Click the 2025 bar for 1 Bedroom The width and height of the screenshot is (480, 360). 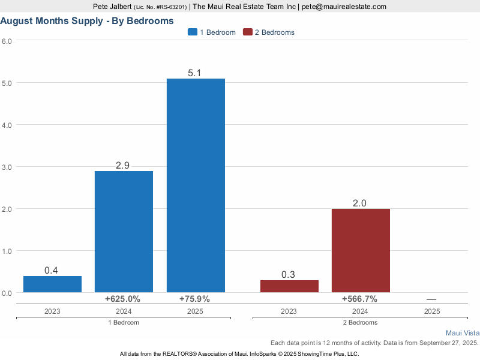coord(196,185)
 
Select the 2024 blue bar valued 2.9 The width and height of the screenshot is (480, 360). coord(124,232)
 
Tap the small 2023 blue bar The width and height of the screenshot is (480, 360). coord(52,284)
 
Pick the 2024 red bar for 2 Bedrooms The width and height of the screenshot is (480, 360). coord(360,250)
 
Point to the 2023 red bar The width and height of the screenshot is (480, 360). coord(289,286)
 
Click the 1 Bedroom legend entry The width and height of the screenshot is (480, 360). coord(212,32)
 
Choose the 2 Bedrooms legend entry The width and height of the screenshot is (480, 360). coord(269,32)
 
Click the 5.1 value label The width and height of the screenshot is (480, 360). coord(196,73)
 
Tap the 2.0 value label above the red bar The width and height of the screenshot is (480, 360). coord(360,203)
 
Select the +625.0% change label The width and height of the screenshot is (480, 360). coord(122,299)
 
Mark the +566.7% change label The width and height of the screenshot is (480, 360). coord(359,299)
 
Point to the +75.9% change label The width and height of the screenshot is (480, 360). coord(195,299)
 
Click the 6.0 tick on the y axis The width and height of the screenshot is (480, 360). coord(7,41)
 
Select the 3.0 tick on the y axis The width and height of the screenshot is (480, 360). coord(7,167)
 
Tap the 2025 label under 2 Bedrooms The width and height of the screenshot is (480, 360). coord(431,311)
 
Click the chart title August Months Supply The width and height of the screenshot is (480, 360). coord(87,20)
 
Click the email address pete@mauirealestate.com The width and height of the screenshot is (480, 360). coord(344,7)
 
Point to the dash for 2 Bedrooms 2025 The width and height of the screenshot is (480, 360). coord(431,299)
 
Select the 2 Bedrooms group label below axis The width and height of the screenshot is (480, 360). coord(360,322)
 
